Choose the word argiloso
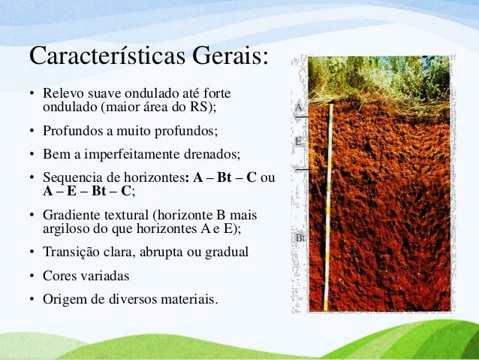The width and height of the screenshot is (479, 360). pyautogui.click(x=66, y=228)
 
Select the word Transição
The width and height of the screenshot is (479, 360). pyautogui.click(x=72, y=252)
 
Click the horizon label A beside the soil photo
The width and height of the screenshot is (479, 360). pyautogui.click(x=298, y=108)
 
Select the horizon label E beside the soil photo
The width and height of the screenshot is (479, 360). pyautogui.click(x=298, y=141)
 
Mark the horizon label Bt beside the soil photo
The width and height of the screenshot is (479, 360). pyautogui.click(x=300, y=238)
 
